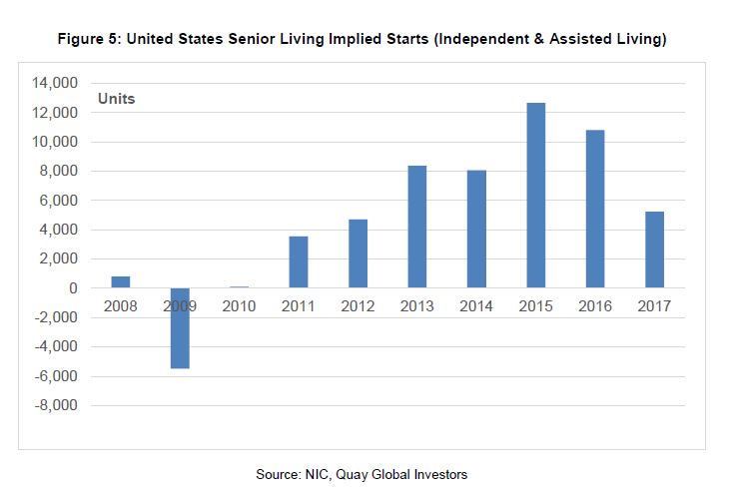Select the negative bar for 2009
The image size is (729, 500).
pos(180,328)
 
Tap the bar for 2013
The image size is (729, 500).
pos(417,227)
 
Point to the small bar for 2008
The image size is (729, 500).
pos(121,282)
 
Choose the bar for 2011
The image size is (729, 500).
pos(299,261)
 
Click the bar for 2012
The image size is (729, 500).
pos(358,253)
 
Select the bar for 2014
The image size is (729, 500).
pos(476,229)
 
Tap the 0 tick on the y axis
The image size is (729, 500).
pos(73,288)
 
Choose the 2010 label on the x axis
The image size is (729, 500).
pos(239,305)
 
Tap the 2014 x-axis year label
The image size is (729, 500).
pos(476,305)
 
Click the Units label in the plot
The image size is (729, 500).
pos(116,100)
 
